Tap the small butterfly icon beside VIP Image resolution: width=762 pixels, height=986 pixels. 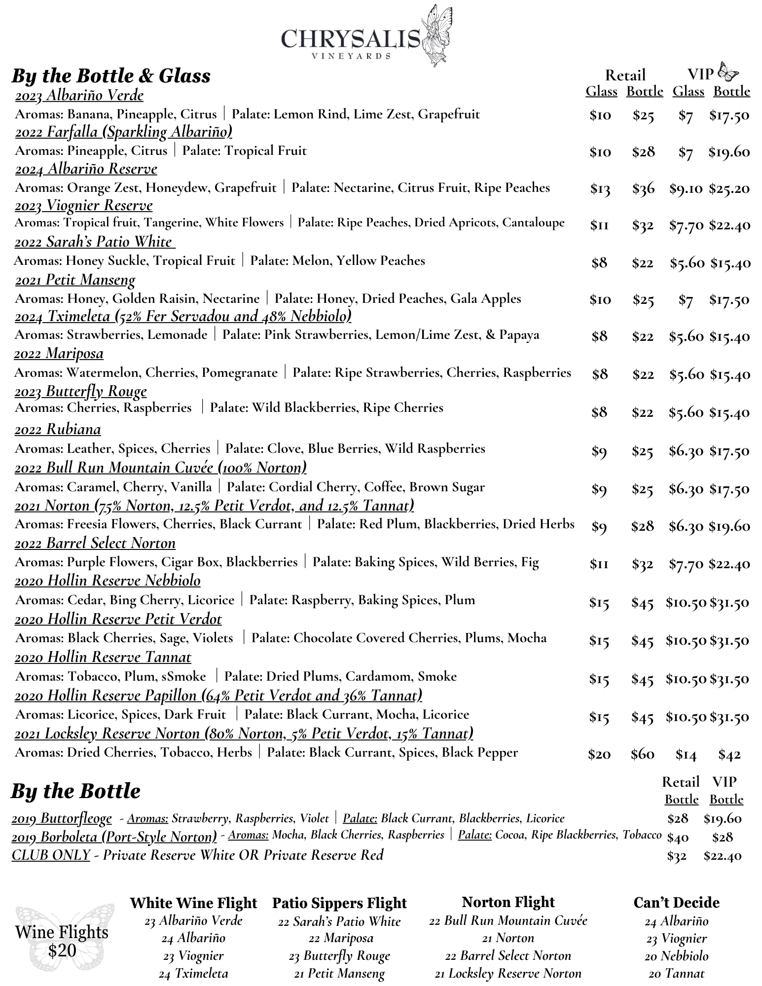coord(728,73)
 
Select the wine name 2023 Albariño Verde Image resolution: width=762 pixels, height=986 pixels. coord(79,95)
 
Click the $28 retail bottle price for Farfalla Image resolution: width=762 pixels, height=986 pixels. coord(643,151)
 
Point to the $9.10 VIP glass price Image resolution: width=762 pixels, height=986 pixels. coord(686,188)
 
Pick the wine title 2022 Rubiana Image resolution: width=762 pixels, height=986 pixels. coord(58,429)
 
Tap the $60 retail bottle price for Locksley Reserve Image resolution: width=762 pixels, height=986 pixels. coord(643,754)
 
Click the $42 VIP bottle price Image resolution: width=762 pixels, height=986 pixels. coord(729,754)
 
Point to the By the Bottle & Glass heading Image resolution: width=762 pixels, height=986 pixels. coord(111,76)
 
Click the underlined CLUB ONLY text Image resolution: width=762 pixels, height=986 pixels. coord(51,855)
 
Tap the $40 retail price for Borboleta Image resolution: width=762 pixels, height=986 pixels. coord(677,837)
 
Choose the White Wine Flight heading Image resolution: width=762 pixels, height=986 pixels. coord(193,903)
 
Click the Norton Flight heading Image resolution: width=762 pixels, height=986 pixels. coord(508,902)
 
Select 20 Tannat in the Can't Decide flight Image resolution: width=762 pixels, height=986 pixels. coord(676,973)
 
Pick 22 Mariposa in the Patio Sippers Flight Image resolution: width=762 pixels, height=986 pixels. coord(340,938)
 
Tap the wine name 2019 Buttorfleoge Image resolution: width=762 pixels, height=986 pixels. coord(62,818)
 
